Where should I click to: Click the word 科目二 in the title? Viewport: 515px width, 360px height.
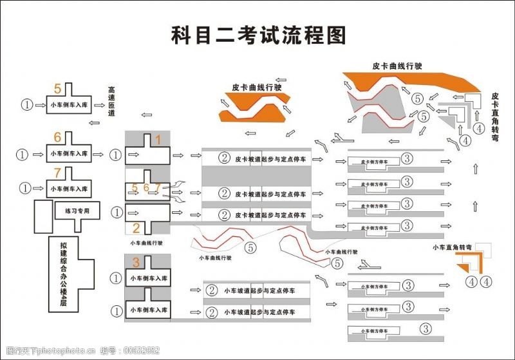[200, 35]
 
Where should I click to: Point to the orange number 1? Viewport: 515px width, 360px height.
[158, 139]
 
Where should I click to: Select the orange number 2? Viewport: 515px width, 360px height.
[136, 227]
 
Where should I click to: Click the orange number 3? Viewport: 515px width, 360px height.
[136, 262]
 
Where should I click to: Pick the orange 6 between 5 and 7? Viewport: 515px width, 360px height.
[146, 188]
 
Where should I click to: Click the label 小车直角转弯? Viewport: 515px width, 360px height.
[452, 247]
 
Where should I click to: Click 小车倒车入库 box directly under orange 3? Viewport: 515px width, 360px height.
[148, 278]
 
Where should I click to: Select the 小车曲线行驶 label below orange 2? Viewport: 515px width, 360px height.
[146, 243]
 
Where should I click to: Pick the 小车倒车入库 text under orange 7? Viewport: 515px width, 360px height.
[70, 188]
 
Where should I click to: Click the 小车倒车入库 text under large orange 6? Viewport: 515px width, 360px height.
[70, 155]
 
